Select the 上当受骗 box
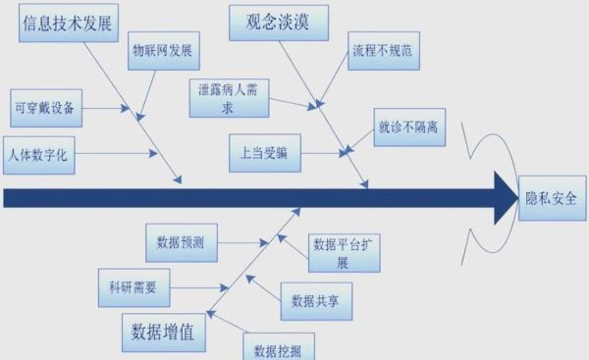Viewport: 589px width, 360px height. [x=264, y=153]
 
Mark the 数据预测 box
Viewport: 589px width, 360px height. [x=181, y=241]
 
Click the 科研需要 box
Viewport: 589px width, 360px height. [x=132, y=288]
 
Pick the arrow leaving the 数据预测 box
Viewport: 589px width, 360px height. [x=244, y=242]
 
